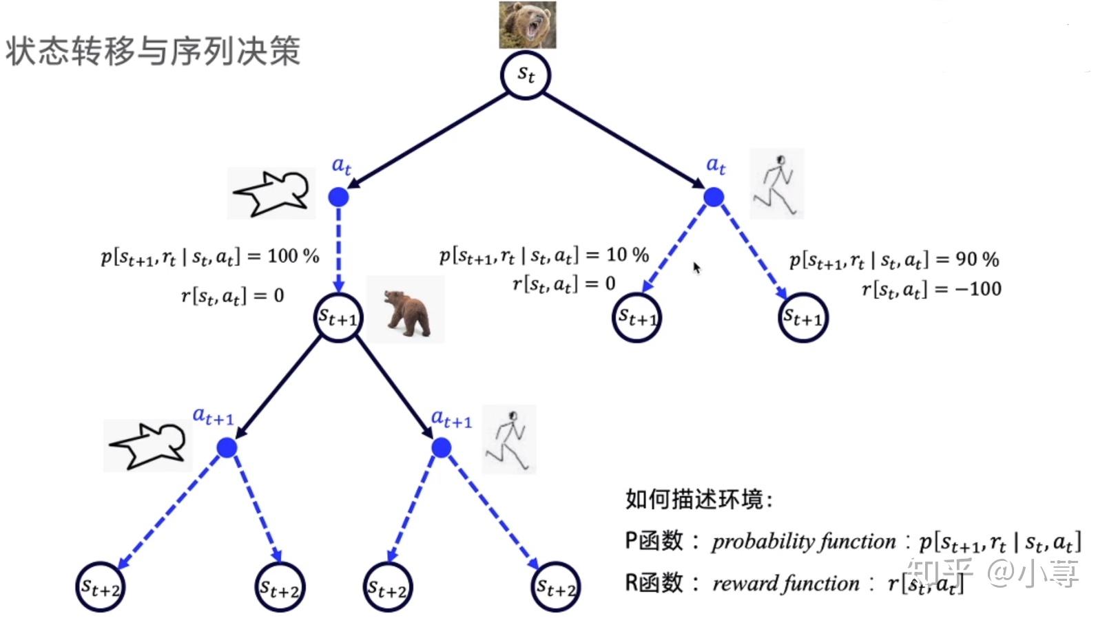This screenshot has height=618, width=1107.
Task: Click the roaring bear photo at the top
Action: (x=527, y=25)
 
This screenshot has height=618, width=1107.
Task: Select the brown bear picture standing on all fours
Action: (x=406, y=310)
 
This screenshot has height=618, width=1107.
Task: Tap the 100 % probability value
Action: (x=293, y=256)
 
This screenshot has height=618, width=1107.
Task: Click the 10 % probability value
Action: (x=627, y=255)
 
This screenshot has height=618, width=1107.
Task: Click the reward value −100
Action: (x=978, y=288)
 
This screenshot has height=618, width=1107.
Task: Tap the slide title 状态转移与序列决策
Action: (x=153, y=52)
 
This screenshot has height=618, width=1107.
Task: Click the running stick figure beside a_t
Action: (x=777, y=184)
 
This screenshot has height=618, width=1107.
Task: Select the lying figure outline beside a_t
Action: (x=271, y=193)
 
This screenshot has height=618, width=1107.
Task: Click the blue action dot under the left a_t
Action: (x=338, y=198)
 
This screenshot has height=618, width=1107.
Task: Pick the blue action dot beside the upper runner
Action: (x=714, y=198)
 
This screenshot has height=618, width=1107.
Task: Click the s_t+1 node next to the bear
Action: (x=338, y=317)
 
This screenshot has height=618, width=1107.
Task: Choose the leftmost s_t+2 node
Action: (x=101, y=587)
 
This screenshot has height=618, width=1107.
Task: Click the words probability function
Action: (x=803, y=542)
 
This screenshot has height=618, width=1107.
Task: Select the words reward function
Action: (x=786, y=584)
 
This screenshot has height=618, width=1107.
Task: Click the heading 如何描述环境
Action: (x=698, y=499)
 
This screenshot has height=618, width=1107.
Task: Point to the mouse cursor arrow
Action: (x=696, y=267)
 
